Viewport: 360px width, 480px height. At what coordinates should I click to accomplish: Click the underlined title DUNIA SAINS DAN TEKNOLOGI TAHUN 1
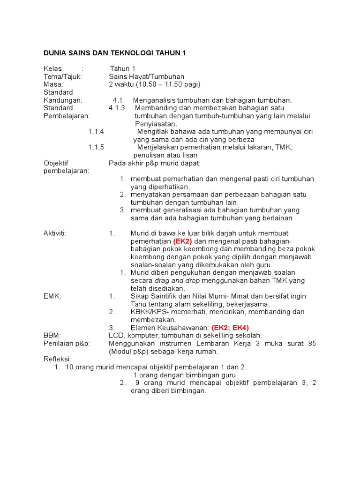pyautogui.click(x=115, y=53)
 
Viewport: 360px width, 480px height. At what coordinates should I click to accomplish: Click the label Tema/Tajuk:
pyautogui.click(x=63, y=76)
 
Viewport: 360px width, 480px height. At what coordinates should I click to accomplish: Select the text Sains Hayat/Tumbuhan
pyautogui.click(x=146, y=76)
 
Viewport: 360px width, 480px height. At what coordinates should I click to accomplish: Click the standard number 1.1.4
pyautogui.click(x=96, y=131)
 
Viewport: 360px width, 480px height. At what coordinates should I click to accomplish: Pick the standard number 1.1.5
pyautogui.click(x=96, y=147)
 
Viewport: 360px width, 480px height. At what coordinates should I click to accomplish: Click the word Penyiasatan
pyautogui.click(x=156, y=124)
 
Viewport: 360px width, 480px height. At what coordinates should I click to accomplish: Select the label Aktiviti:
pyautogui.click(x=55, y=233)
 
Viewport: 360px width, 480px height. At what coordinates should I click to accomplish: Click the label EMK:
pyautogui.click(x=52, y=296)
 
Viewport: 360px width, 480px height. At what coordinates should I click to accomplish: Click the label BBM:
pyautogui.click(x=52, y=335)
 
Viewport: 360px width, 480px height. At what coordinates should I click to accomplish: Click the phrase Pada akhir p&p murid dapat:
pyautogui.click(x=154, y=163)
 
